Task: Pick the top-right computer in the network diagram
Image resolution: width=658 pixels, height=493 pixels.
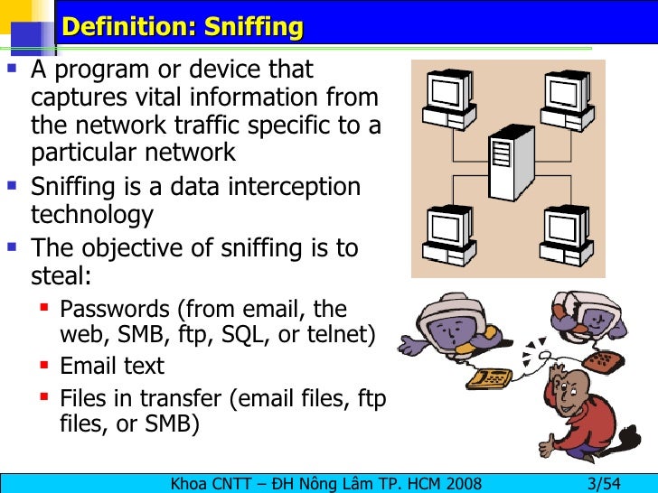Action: point(567,98)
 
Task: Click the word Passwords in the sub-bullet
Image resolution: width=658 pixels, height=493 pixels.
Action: point(115,309)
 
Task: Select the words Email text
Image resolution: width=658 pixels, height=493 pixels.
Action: point(112,366)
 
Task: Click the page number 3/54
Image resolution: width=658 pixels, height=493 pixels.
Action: point(604,482)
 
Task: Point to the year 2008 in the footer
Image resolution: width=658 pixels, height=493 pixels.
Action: point(460,482)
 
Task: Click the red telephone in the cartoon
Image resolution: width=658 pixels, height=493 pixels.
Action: point(600,360)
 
